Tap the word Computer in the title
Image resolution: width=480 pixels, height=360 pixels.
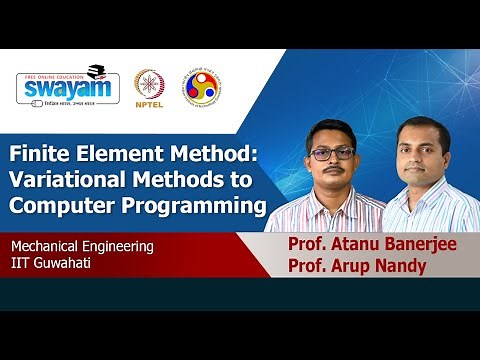point(59,207)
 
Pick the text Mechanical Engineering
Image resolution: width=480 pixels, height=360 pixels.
point(83,245)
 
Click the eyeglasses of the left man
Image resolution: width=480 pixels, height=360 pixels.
point(331,155)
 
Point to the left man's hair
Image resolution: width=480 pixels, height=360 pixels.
point(330,129)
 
